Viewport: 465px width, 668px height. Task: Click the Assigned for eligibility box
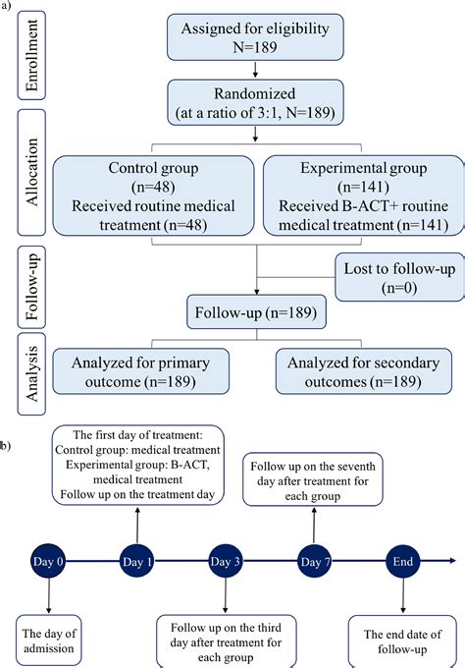255,37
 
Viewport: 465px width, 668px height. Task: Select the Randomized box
255,103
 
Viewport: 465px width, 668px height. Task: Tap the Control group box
153,195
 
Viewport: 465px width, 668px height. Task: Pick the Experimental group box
364,195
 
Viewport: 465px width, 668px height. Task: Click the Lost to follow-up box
399,277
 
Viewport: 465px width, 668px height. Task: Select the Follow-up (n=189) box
256,312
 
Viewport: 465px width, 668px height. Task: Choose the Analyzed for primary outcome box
141,371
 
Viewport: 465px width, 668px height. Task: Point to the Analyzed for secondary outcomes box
364,371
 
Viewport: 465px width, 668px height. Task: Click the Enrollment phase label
31,55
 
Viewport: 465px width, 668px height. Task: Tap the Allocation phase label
31,173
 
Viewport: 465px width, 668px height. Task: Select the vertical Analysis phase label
31,374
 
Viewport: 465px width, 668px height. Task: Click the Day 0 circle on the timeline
48,562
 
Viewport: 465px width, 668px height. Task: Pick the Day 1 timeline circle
136,562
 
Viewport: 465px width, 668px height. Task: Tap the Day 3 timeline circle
225,562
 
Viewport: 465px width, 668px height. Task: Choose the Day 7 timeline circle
314,562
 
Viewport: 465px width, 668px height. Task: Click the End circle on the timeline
402,562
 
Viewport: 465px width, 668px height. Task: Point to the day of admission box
49,641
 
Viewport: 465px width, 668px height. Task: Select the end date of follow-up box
402,641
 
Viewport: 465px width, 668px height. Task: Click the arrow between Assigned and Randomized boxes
255,70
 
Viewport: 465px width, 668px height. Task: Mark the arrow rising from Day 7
314,526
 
